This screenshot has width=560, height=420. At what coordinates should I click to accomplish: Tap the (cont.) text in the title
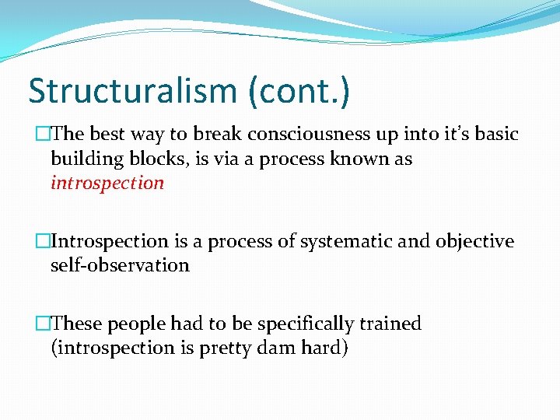click(299, 91)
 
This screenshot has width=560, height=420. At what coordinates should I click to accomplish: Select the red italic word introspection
click(107, 184)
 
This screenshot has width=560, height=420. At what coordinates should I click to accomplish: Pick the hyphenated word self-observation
click(120, 265)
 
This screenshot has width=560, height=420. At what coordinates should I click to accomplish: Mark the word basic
click(493, 134)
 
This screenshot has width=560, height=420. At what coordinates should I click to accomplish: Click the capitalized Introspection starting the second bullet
click(109, 242)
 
